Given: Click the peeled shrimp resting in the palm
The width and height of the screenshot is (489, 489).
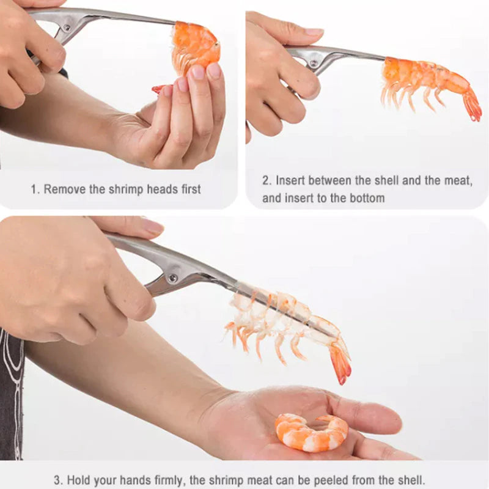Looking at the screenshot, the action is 311,433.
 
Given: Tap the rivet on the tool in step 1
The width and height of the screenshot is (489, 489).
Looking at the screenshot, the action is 67,28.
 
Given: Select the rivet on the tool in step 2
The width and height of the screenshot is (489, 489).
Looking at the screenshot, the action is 314,64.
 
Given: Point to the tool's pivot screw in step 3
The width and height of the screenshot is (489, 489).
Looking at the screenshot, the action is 172,278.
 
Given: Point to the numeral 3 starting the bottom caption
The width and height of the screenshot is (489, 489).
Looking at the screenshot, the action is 57,480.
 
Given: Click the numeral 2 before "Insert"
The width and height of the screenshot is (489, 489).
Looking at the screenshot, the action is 266,180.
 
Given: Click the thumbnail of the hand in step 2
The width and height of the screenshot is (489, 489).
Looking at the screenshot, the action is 314,32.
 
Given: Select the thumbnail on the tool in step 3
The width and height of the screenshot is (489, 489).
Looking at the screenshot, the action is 153,227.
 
